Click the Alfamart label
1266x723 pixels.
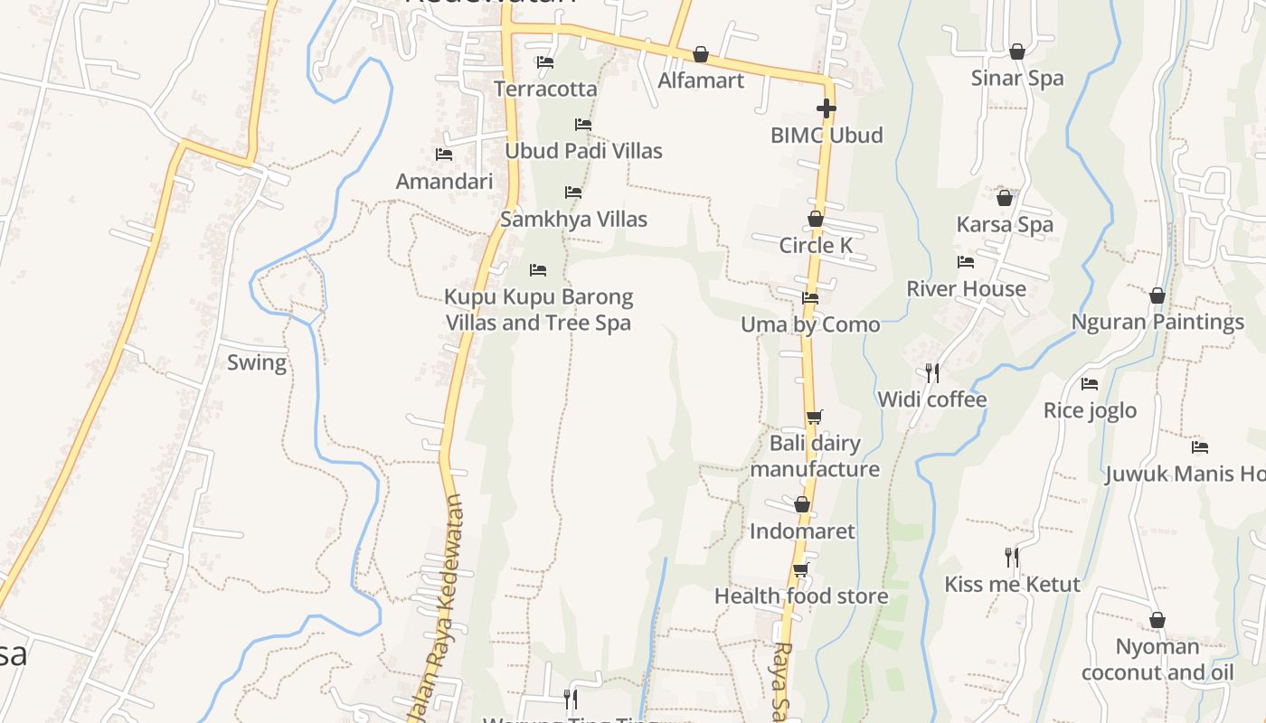click(x=701, y=80)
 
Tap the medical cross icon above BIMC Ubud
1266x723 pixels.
click(x=826, y=108)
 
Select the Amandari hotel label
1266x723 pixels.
click(x=444, y=182)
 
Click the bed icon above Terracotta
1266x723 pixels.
click(x=545, y=62)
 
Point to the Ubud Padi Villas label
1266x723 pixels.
click(x=583, y=151)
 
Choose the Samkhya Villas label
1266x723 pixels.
click(x=573, y=220)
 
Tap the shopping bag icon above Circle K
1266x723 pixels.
click(x=816, y=219)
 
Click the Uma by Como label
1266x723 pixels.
click(x=810, y=324)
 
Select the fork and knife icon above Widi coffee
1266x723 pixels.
click(x=932, y=372)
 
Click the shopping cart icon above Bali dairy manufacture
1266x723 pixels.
click(x=815, y=417)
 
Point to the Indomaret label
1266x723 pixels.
click(x=802, y=531)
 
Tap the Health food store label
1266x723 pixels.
click(x=801, y=596)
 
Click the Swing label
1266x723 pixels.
click(x=257, y=363)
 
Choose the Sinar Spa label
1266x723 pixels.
click(x=1017, y=79)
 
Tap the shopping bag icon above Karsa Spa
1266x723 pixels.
click(x=1005, y=198)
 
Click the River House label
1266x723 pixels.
click(x=966, y=289)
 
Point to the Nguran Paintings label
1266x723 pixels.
click(x=1157, y=323)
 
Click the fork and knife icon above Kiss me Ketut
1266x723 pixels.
click(x=1012, y=557)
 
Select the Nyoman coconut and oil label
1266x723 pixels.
click(x=1157, y=660)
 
